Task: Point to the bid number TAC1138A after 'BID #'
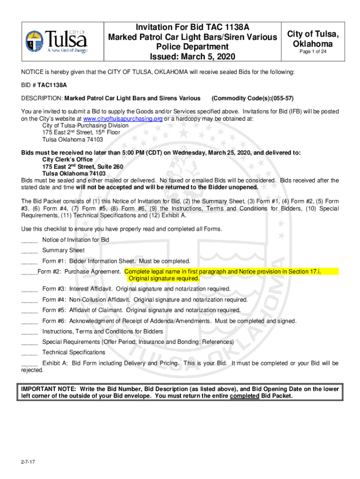[52, 86]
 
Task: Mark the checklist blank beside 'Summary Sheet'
[29, 251]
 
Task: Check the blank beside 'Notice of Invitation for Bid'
[29, 240]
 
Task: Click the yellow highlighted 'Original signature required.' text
[164, 278]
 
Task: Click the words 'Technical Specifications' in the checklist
[74, 352]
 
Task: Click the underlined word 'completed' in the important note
[245, 396]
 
